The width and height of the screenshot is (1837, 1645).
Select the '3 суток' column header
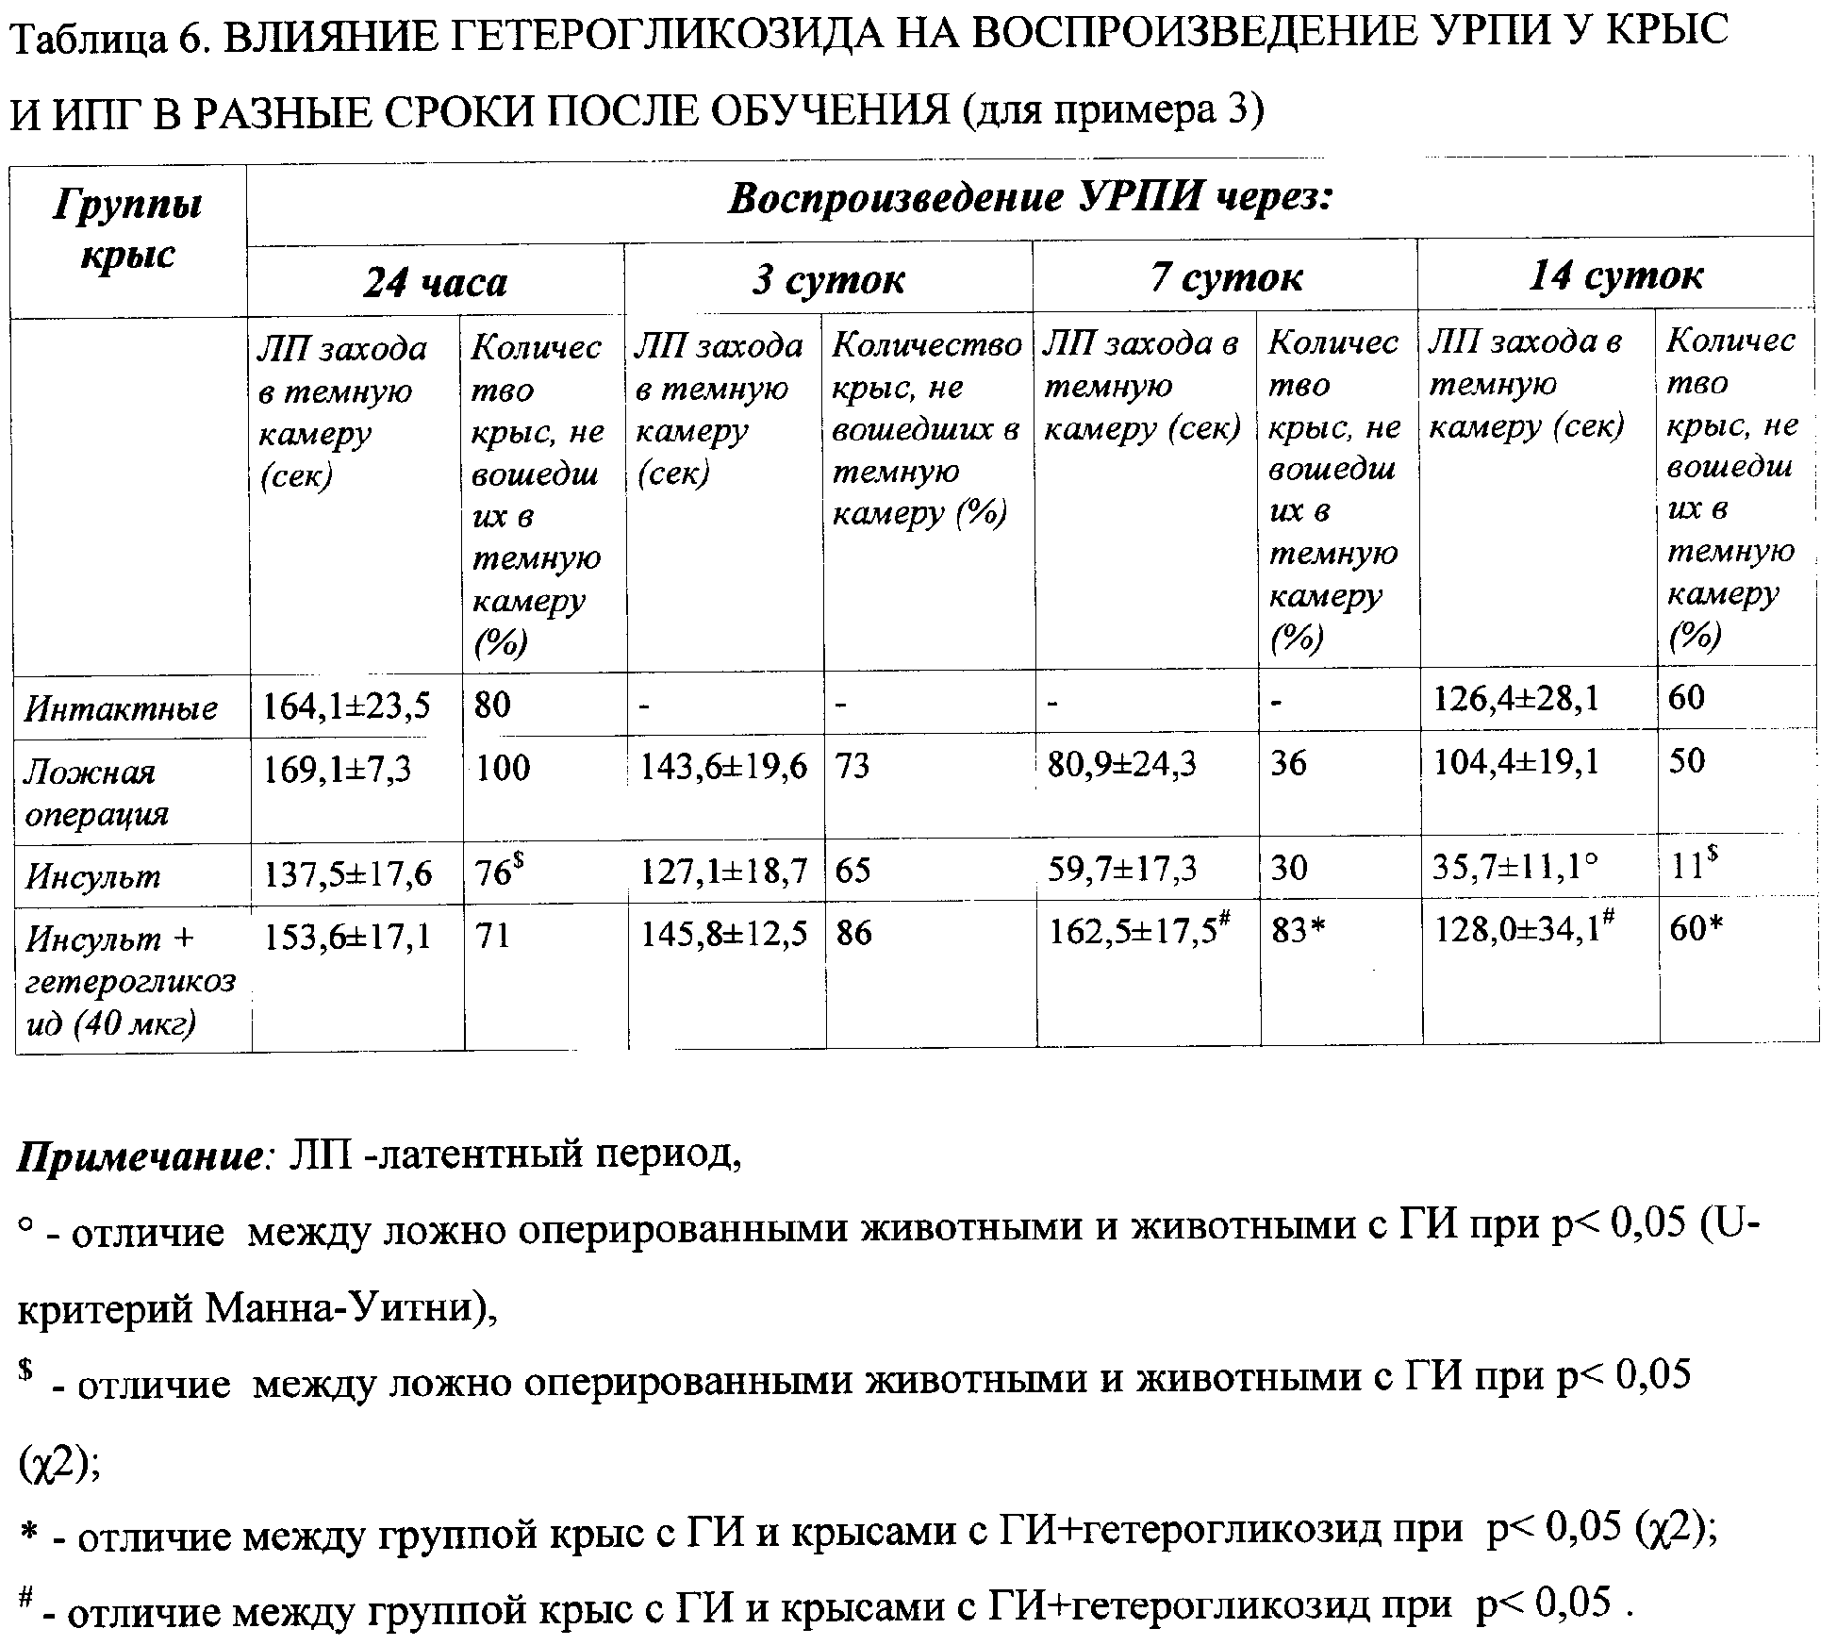coord(828,280)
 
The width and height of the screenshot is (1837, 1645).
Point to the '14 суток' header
coord(1615,276)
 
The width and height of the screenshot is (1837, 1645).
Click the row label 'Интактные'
coord(122,707)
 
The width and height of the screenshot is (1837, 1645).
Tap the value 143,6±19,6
coord(724,767)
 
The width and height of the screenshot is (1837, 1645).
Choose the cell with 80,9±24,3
coord(1121,762)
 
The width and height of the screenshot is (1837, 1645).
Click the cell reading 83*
coord(1299,932)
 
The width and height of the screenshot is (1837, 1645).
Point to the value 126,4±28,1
coord(1515,699)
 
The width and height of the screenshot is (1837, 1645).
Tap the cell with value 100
coord(503,768)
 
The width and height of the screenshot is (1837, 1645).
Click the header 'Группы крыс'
coord(128,230)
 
